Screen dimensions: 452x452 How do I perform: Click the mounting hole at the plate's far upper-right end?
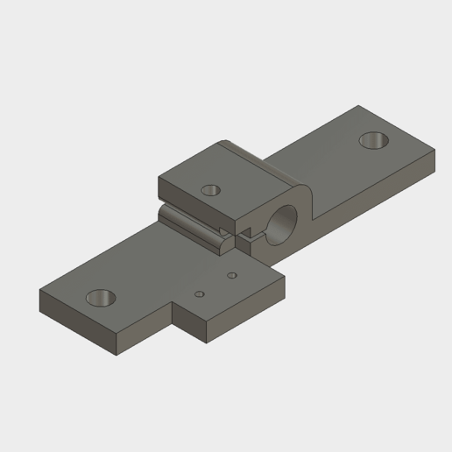374,140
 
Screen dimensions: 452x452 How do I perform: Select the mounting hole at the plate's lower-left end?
102,298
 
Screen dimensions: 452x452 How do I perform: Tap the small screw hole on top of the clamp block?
210,189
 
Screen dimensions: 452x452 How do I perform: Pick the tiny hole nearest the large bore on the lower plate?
231,276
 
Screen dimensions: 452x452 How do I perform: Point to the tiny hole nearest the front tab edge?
200,294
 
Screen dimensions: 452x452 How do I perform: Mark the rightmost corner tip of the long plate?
434,151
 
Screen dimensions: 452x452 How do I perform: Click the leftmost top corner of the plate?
40,290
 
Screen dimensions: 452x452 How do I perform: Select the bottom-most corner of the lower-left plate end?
117,356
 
